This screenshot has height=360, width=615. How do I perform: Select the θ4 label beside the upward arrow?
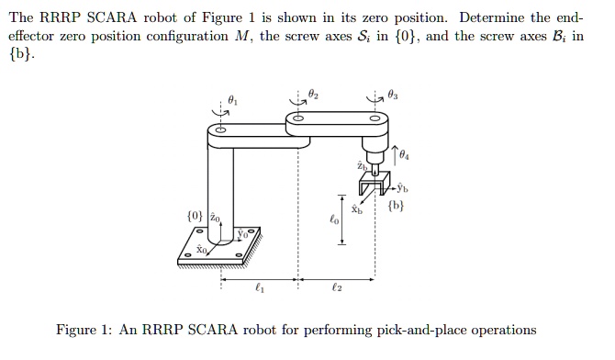click(x=405, y=154)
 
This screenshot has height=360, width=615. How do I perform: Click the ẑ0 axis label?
click(x=214, y=218)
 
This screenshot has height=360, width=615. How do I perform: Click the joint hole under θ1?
click(x=218, y=130)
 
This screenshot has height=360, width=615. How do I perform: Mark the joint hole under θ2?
click(x=297, y=117)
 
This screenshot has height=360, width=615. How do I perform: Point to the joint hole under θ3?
click(x=374, y=118)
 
